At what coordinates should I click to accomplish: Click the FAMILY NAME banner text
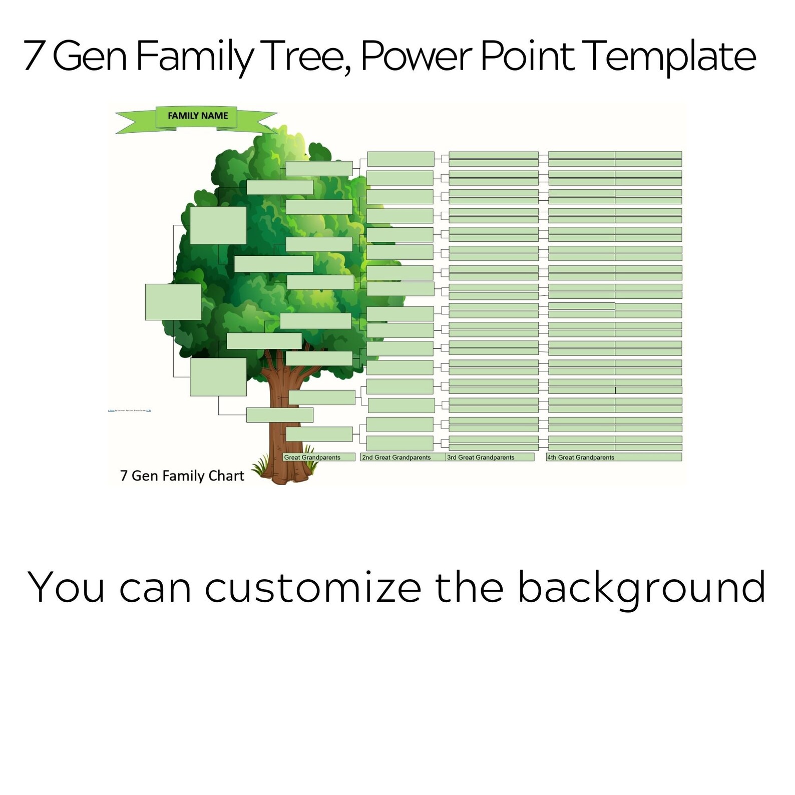[198, 116]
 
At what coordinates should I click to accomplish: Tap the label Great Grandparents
[312, 457]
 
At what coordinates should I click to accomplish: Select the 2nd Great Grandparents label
[396, 457]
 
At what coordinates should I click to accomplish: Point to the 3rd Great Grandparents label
[481, 457]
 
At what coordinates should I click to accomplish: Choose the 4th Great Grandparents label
[581, 457]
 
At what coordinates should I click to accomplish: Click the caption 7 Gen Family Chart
[182, 476]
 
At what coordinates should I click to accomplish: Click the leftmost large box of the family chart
[173, 302]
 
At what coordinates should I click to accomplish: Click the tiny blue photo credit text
[130, 411]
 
